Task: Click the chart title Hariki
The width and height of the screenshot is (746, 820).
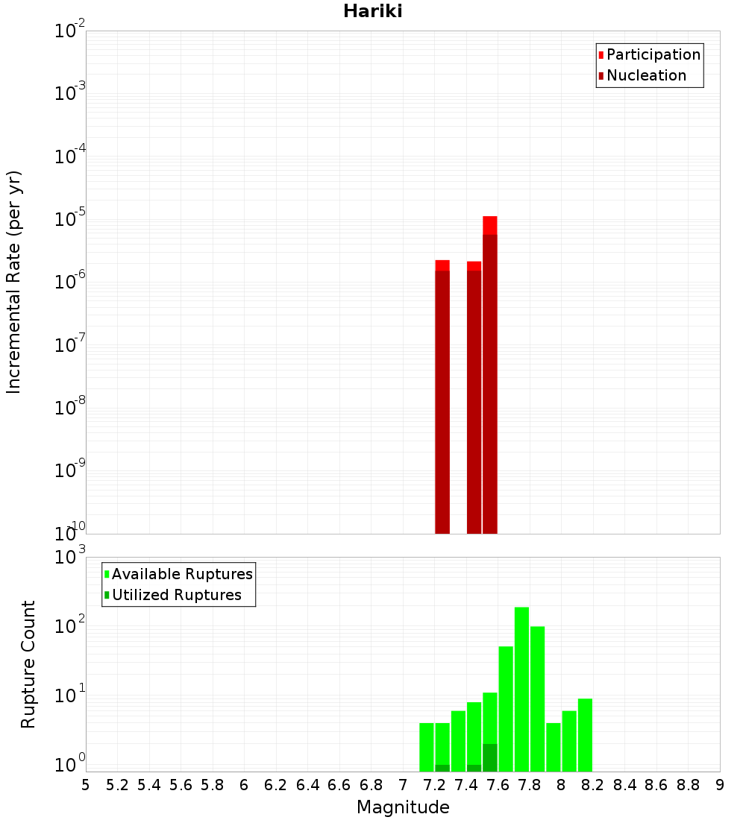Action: (372, 11)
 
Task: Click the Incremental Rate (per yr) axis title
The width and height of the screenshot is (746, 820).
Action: (14, 283)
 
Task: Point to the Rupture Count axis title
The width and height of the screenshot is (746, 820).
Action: (28, 663)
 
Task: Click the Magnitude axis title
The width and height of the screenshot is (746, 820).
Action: (403, 807)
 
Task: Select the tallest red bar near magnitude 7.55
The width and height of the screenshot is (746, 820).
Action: (490, 373)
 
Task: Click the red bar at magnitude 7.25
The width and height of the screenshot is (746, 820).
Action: (442, 395)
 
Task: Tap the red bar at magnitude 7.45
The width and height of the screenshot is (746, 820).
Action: (474, 395)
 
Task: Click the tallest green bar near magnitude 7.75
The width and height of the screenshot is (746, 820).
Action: (521, 686)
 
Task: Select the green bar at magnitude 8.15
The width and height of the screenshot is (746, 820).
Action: (585, 734)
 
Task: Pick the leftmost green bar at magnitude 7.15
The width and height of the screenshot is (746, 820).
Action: (427, 745)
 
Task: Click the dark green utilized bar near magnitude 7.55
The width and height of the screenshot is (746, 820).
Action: (490, 757)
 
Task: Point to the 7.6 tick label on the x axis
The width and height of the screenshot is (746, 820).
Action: (498, 784)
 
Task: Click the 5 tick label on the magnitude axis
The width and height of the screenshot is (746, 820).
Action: (86, 784)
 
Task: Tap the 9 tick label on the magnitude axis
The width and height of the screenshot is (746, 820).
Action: (720, 784)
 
